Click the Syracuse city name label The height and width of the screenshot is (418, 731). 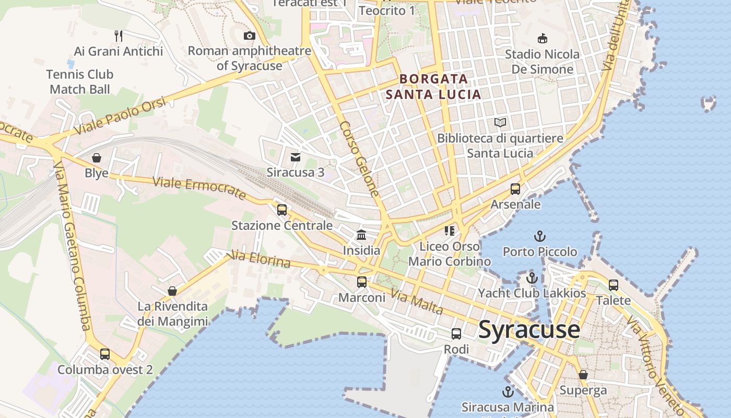[529, 330]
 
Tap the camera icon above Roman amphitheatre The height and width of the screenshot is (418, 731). [250, 36]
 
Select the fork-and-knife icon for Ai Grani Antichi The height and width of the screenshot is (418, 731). [119, 36]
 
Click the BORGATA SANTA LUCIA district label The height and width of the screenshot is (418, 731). [433, 87]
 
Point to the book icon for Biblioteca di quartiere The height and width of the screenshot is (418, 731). [500, 123]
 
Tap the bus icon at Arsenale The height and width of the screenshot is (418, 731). [515, 189]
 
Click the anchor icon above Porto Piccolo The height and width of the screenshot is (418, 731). [540, 236]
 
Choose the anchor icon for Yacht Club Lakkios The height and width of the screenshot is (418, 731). [532, 278]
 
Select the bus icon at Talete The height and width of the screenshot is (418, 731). [614, 285]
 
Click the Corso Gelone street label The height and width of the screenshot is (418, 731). [359, 159]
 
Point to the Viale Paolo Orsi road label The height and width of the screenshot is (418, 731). [120, 116]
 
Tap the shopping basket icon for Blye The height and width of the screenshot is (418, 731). [97, 157]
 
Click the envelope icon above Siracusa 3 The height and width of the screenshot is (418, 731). [296, 157]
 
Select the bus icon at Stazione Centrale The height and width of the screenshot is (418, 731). [282, 210]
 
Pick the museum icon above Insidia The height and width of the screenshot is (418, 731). [361, 235]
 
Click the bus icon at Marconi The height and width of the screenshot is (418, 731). [362, 282]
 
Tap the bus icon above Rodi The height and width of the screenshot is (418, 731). [456, 333]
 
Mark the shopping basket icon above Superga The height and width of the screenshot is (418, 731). [583, 375]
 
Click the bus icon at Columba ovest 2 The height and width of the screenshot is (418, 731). [105, 354]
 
